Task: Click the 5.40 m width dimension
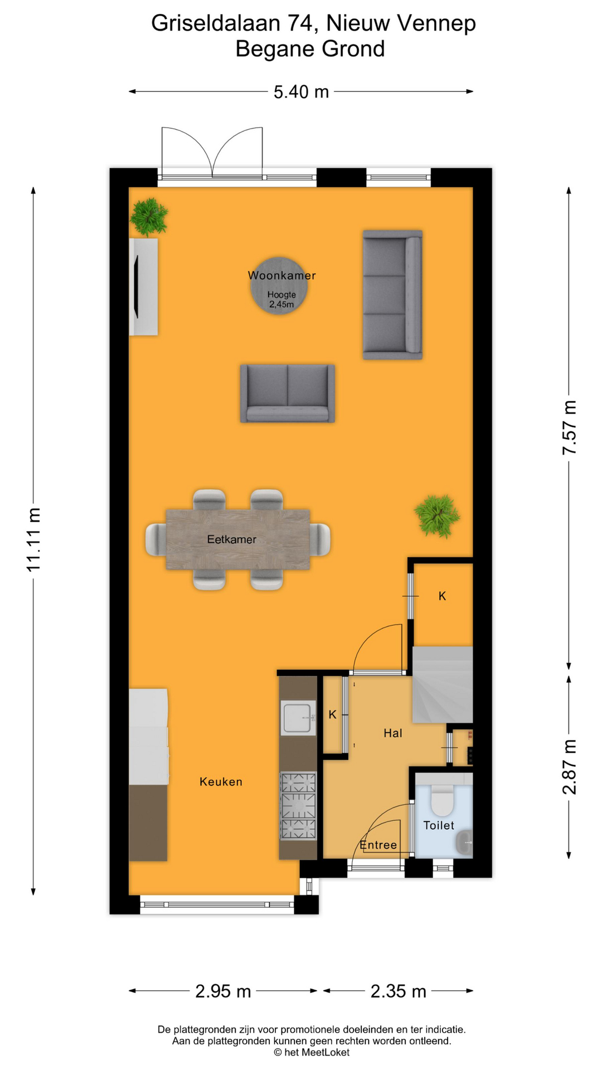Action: pos(301,91)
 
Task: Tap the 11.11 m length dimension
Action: pos(34,539)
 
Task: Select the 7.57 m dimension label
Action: pos(569,427)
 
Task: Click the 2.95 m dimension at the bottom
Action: pos(223,991)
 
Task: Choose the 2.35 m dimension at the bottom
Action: pos(398,991)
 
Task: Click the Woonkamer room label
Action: pos(281,275)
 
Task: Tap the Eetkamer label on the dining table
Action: pos(232,539)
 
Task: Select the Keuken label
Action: pos(221,782)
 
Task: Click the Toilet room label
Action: pos(439,825)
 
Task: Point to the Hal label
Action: pos(392,733)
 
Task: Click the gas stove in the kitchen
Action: pos(298,805)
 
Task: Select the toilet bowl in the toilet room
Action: pos(442,800)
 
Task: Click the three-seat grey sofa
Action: pos(392,294)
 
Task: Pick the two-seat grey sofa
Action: pos(287,393)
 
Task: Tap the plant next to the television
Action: pos(149,216)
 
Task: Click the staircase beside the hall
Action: pos(442,685)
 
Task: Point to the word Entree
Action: pos(378,845)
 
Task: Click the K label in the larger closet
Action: pos(442,596)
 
